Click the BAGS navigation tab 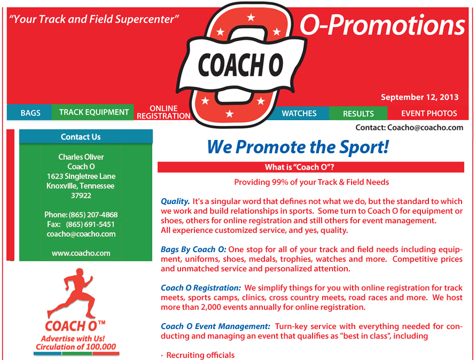tap(30, 113)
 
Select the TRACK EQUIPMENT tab tap(93, 112)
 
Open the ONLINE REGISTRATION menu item tap(163, 112)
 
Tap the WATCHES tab tap(299, 113)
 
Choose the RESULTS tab tap(358, 114)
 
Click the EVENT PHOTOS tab tap(428, 114)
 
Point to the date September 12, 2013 tap(419, 97)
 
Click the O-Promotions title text tap(383, 25)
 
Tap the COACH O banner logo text tap(240, 65)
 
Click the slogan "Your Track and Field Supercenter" tap(94, 19)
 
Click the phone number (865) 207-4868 tap(93, 215)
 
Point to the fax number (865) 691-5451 tap(90, 224)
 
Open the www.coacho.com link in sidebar tap(81, 253)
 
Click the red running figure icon tap(71, 293)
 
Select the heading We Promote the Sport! tap(298, 147)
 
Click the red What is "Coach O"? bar tap(311, 167)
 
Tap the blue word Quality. tap(175, 201)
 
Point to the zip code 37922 tap(81, 195)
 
